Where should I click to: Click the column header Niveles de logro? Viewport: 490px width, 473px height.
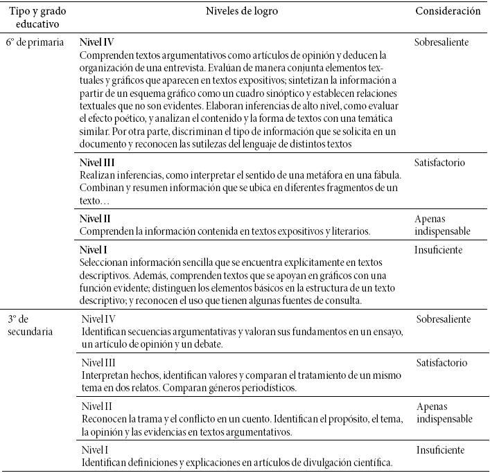tap(245, 12)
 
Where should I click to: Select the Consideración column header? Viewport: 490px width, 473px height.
tap(448, 12)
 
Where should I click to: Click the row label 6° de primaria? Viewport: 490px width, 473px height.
tap(36, 42)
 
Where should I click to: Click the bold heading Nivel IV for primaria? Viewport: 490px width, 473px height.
tap(95, 42)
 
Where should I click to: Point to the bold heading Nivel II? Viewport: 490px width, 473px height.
tap(94, 218)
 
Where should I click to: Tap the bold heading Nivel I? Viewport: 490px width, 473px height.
tap(92, 249)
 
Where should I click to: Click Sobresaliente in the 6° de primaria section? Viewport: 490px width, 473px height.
tap(451, 42)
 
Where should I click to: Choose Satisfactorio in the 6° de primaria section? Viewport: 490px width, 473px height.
tap(450, 163)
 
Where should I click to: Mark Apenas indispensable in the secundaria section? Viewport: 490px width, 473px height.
tap(444, 413)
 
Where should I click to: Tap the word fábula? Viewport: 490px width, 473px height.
tap(383, 176)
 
